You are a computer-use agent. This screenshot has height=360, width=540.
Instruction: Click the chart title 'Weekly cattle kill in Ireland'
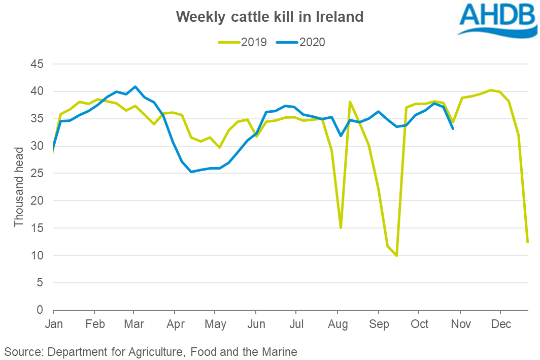coord(269,17)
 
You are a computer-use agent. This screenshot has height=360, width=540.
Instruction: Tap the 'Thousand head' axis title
coord(19,187)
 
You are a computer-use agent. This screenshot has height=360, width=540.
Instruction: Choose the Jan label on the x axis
coord(53,324)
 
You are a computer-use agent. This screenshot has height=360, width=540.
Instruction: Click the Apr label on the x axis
coord(175,324)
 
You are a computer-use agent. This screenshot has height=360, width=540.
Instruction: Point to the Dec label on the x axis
coord(500,324)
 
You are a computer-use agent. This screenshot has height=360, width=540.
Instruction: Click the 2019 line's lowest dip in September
coord(396,255)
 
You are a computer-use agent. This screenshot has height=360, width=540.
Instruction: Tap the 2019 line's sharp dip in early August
coord(341,227)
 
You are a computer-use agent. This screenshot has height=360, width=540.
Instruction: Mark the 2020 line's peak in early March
coord(135,87)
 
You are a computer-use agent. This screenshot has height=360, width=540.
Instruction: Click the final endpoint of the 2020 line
coord(453,128)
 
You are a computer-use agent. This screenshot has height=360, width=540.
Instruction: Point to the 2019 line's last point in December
coord(528,242)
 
